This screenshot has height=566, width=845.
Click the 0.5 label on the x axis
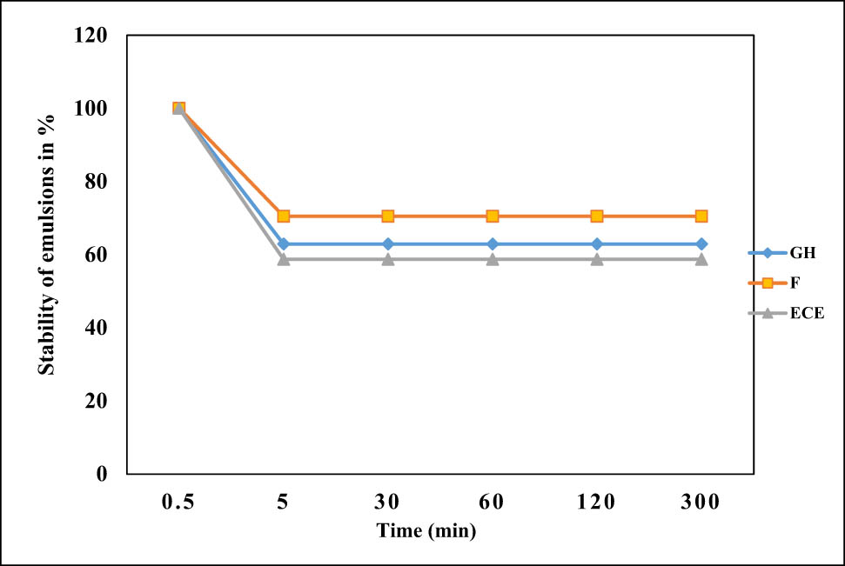[178, 502]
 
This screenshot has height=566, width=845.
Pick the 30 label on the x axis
[387, 502]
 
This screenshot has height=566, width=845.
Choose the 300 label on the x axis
[701, 502]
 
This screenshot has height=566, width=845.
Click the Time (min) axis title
[426, 529]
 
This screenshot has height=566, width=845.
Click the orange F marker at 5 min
[283, 216]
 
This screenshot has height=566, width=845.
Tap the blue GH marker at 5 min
[283, 244]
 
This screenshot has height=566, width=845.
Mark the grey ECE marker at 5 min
[283, 259]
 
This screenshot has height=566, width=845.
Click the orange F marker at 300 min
[701, 216]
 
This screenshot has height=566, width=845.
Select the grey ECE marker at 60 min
[492, 259]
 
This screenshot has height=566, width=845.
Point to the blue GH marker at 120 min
[596, 244]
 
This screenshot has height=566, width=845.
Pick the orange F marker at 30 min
[387, 216]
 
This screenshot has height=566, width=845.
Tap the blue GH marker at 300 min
[701, 244]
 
